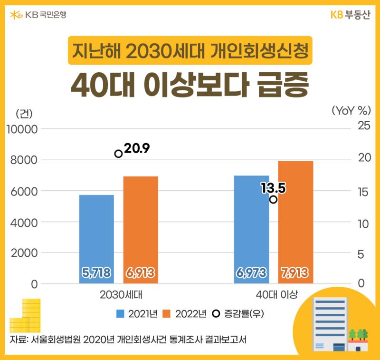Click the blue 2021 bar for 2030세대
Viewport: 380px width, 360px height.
(96, 239)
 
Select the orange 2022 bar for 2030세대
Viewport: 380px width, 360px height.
(141, 230)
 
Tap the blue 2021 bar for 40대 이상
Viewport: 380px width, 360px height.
(252, 229)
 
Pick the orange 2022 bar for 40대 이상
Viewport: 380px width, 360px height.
(295, 222)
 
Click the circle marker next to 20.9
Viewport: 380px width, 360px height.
(118, 154)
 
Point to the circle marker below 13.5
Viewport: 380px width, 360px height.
(274, 199)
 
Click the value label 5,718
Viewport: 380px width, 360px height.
(96, 272)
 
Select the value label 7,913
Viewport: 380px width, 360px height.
(295, 272)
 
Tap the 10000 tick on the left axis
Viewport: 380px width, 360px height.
(22, 129)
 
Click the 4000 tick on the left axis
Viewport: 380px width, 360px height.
(24, 223)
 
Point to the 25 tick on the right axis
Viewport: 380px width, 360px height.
(364, 126)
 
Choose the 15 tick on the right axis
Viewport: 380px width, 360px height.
(363, 192)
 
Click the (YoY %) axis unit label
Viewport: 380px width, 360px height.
(351, 111)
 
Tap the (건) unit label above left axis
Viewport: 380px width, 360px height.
(24, 113)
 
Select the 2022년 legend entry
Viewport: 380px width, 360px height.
(184, 314)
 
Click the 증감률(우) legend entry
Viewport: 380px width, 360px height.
(238, 314)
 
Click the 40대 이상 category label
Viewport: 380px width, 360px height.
(277, 295)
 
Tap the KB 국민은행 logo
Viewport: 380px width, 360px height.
(38, 15)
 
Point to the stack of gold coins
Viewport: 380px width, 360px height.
(25, 315)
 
